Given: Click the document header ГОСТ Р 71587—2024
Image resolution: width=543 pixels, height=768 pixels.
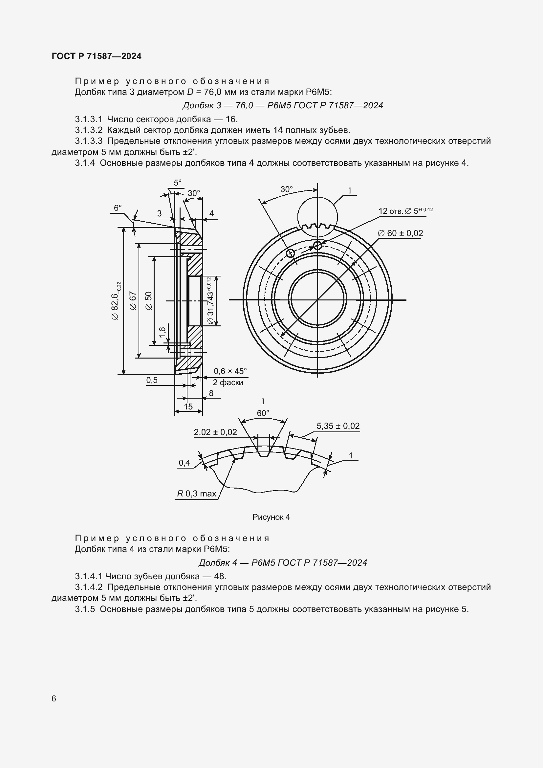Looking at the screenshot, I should pyautogui.click(x=97, y=56).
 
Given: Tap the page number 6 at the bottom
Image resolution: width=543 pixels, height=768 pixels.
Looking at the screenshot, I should pyautogui.click(x=54, y=699).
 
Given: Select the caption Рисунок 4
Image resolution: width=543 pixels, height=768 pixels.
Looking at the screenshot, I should pyautogui.click(x=271, y=517).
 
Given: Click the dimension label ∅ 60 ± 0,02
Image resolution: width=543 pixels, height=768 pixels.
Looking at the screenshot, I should pyautogui.click(x=400, y=233).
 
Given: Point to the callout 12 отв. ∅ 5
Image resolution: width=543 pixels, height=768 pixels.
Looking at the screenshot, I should pyautogui.click(x=405, y=211).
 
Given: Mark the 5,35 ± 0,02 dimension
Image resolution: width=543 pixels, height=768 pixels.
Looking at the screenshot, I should pyautogui.click(x=338, y=426).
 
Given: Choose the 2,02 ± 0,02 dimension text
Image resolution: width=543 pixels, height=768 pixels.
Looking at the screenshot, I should pyautogui.click(x=215, y=432).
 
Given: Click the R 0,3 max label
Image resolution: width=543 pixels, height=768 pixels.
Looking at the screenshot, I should pyautogui.click(x=197, y=494).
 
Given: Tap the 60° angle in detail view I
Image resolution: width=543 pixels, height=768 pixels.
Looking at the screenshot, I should pyautogui.click(x=263, y=413).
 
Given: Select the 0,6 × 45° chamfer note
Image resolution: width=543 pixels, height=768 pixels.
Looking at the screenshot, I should pyautogui.click(x=230, y=371).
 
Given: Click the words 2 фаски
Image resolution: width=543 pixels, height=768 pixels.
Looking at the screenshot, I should pyautogui.click(x=228, y=382).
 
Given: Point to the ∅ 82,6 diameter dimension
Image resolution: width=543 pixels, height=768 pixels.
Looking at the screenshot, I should pyautogui.click(x=116, y=301).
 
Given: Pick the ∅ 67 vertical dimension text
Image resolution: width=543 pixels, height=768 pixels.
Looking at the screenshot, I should pyautogui.click(x=133, y=301).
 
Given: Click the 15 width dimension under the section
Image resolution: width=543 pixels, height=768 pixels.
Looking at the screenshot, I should pyautogui.click(x=188, y=406).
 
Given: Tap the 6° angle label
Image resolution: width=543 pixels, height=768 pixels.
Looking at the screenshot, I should pyautogui.click(x=118, y=208).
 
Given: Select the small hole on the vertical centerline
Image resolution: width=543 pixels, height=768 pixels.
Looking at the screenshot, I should pyautogui.click(x=317, y=246).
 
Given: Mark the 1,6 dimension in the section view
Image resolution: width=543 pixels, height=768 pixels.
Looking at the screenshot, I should pyautogui.click(x=163, y=333).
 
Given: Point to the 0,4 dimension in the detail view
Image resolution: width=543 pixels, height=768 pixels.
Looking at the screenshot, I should pyautogui.click(x=184, y=463).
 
